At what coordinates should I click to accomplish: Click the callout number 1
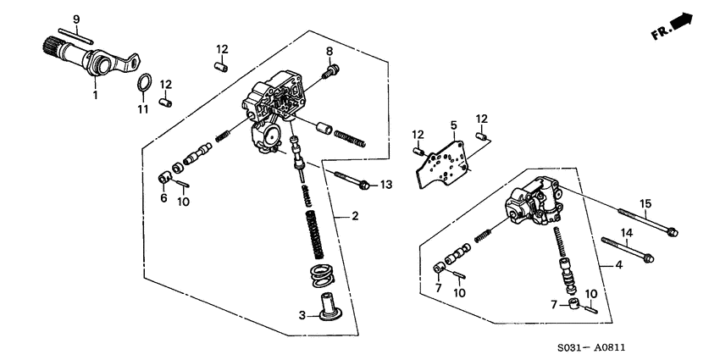click(95, 95)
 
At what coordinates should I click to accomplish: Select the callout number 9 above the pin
click(75, 19)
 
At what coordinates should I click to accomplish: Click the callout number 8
click(330, 53)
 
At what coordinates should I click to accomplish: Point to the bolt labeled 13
click(351, 180)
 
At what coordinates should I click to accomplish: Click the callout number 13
click(386, 185)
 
